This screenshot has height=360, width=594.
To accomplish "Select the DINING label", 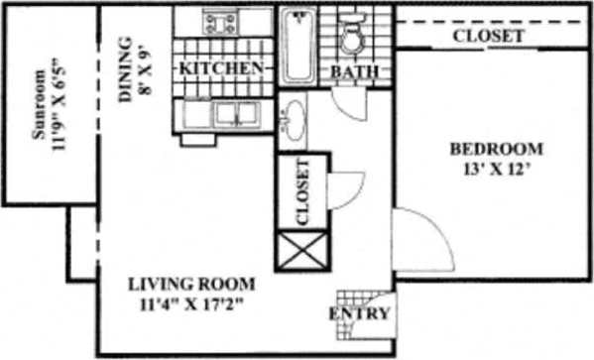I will click(125, 70).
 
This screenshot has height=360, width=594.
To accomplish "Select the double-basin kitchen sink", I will click(224, 114).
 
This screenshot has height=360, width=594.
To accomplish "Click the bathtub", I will click(297, 45).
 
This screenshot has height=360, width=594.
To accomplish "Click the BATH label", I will click(352, 72).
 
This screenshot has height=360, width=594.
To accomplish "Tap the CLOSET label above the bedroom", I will click(488, 36).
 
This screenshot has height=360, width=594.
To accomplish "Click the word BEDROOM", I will click(496, 149).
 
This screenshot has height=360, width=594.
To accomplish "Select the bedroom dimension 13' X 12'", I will click(496, 168).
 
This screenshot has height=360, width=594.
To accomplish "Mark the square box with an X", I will click(300, 251).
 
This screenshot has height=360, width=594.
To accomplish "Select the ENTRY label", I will click(359, 315).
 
